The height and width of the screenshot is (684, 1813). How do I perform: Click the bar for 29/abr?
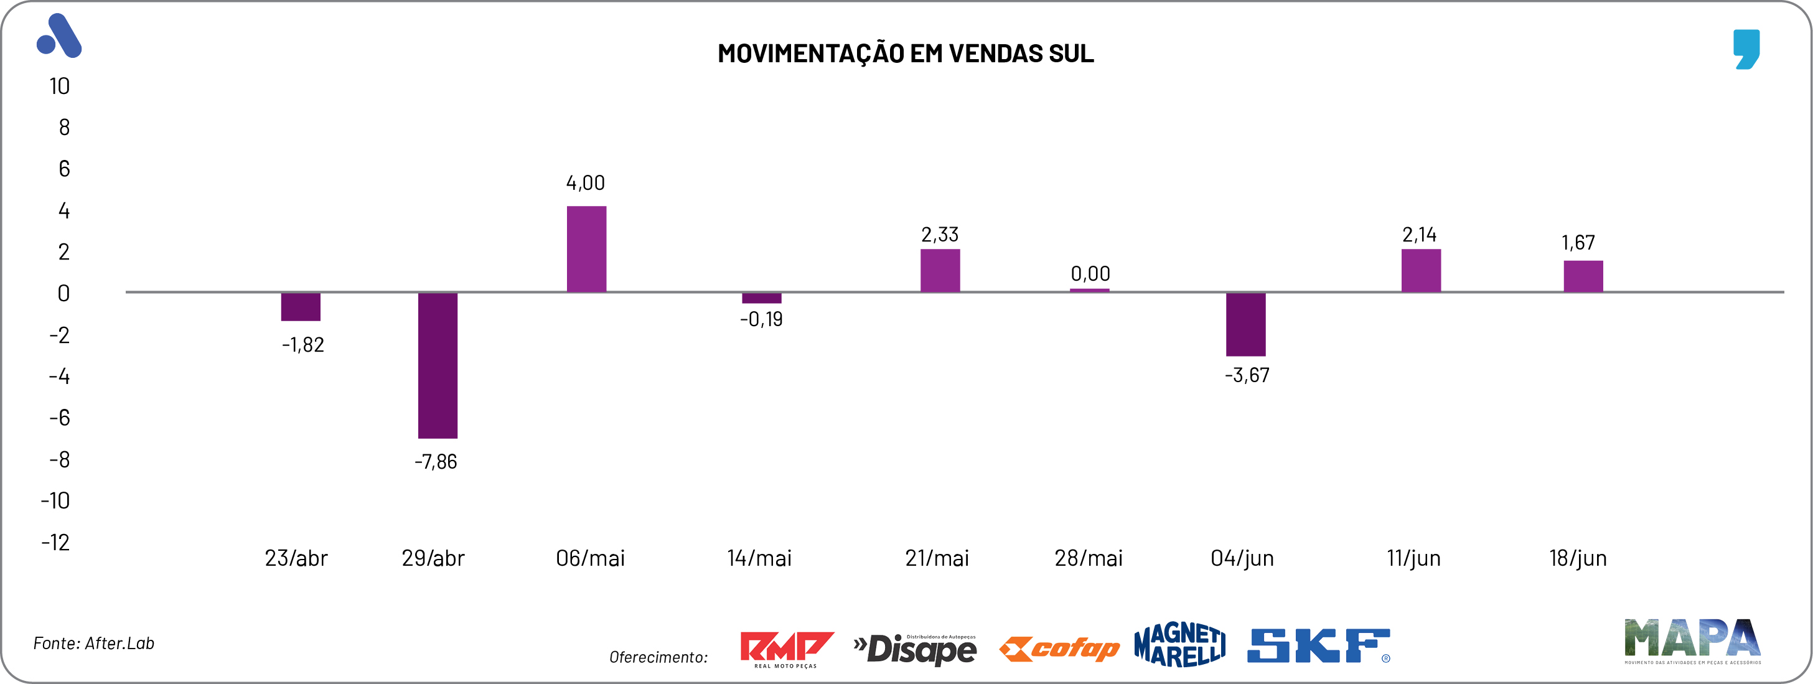click(437, 365)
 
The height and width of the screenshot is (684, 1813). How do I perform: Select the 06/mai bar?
click(586, 249)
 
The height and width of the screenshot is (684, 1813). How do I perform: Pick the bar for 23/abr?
click(301, 307)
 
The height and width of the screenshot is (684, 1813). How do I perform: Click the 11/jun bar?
click(1420, 270)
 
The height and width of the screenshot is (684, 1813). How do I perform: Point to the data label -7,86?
click(436, 462)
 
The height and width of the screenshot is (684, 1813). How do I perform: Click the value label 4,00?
click(586, 183)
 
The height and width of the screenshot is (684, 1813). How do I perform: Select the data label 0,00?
click(1090, 274)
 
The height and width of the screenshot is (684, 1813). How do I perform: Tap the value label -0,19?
click(761, 319)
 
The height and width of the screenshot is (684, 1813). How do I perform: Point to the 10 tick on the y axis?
click(60, 87)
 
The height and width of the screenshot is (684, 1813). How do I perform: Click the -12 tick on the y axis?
click(55, 542)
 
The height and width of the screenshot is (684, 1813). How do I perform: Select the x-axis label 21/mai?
click(937, 558)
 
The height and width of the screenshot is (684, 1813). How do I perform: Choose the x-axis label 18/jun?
click(1578, 558)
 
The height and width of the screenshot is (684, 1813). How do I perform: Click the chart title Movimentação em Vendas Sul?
click(906, 54)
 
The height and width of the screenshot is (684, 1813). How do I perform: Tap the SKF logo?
click(1318, 646)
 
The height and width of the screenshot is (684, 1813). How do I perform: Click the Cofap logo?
click(1059, 648)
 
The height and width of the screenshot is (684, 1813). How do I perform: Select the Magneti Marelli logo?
click(1179, 645)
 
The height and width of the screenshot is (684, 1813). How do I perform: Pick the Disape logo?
click(915, 649)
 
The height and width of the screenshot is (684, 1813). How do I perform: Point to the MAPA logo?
click(1692, 640)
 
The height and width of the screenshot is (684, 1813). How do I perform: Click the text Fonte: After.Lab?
click(93, 643)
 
